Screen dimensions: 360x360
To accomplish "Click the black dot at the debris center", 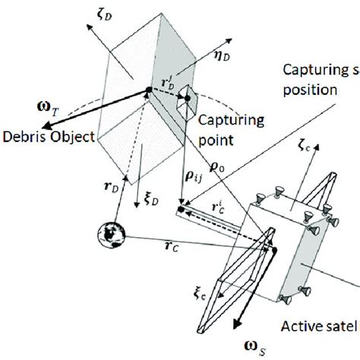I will tap(147, 93).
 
